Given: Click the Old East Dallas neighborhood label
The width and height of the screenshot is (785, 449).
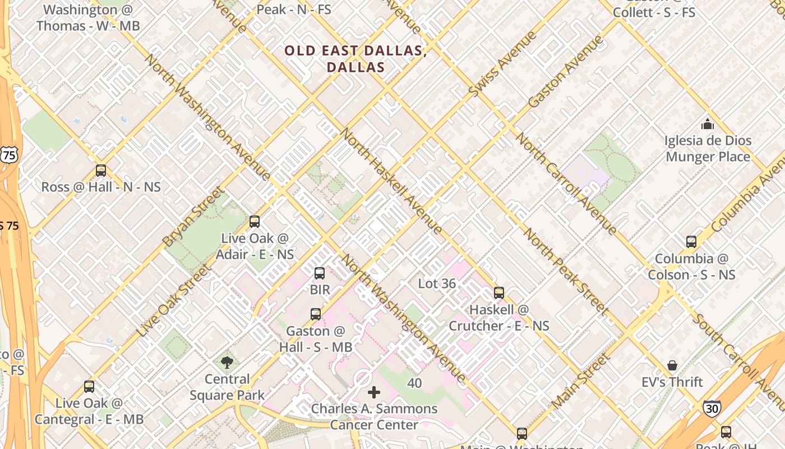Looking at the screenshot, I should pos(355,58).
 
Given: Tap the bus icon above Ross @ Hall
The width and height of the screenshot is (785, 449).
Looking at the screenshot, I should pos(101,170).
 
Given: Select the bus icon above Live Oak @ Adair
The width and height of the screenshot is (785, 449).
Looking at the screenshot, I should pos(255,221).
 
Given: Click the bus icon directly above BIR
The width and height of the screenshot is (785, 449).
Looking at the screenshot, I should pos(320,273).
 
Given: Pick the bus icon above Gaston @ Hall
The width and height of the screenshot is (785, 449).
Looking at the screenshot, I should pos(316,314).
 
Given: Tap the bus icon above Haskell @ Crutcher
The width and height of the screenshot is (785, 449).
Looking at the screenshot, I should pos(499,292).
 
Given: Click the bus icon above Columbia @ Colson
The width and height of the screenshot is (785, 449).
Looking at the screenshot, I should pos(691,241).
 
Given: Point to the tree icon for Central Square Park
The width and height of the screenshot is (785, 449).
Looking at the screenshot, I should pos(227,362).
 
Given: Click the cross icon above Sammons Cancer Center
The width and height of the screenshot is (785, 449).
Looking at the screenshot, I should pos(374,392).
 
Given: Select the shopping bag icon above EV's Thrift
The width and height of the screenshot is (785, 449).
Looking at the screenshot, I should pos(672,365).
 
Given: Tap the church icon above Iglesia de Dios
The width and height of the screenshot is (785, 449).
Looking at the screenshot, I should pos(708,123).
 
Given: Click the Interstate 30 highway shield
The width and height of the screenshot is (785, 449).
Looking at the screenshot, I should pos(712,408).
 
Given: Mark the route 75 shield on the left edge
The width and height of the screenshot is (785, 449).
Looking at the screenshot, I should pos(9,155).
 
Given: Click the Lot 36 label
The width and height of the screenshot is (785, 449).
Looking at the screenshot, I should pos(437,283).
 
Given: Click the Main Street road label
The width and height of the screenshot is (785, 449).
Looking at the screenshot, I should pos(579,381).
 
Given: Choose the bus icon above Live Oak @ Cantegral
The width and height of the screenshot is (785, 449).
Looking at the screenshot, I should pos(89,386).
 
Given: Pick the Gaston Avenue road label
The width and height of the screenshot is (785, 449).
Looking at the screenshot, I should pos(565,71).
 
